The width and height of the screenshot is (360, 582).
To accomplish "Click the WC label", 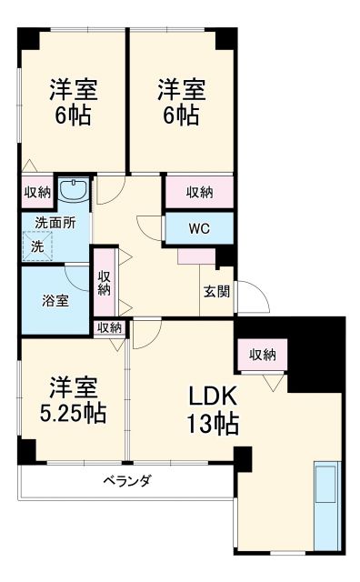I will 199,228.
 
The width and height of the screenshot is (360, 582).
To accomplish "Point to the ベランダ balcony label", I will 126,481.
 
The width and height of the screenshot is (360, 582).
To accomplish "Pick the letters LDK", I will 214,396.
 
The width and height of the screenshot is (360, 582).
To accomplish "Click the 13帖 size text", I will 215,423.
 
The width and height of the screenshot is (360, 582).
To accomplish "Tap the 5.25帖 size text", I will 73,414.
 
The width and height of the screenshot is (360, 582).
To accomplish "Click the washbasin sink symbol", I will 71,191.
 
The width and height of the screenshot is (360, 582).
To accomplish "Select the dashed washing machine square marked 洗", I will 38,246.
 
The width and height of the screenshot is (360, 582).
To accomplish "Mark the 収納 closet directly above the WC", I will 199,192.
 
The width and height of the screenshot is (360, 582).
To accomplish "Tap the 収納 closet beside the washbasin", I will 37,192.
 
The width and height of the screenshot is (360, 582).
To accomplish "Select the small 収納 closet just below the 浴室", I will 109,327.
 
